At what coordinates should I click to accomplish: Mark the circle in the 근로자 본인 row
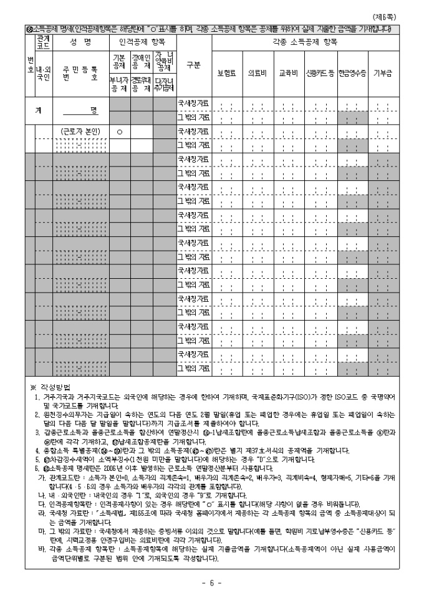tap(118, 132)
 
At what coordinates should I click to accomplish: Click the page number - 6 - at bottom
tap(211, 583)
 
